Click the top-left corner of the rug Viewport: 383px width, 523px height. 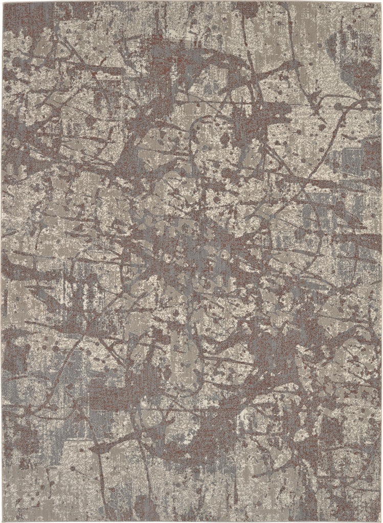(2, 2)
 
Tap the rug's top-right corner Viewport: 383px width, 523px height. (381, 2)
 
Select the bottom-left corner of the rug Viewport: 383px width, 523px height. (2, 520)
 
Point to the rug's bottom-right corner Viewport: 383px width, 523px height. (381, 520)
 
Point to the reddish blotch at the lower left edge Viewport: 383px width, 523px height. (15, 352)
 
